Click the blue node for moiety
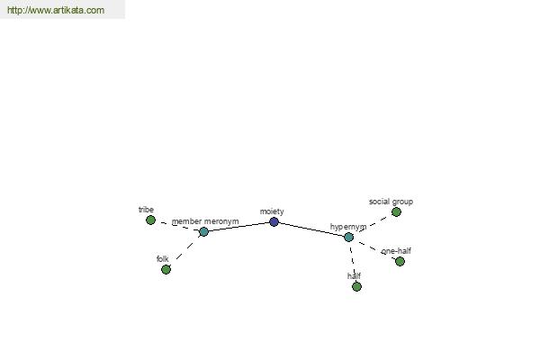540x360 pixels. (x=274, y=222)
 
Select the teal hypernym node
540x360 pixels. (x=349, y=237)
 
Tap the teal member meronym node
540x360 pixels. (x=204, y=231)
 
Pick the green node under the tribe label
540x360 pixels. (x=150, y=220)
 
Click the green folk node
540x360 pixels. (x=166, y=269)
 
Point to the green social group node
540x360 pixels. (x=396, y=211)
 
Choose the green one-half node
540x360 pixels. (x=400, y=262)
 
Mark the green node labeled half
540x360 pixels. (x=356, y=286)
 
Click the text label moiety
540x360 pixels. (x=272, y=211)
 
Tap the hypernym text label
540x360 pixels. (x=348, y=227)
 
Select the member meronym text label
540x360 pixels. (x=205, y=221)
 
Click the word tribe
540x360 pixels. (x=146, y=210)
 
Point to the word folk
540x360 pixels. (x=163, y=258)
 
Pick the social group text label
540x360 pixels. (x=391, y=202)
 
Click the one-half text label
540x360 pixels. (x=396, y=251)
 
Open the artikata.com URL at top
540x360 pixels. (x=56, y=10)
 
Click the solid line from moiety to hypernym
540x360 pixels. (x=311, y=229)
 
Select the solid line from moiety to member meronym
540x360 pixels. (x=239, y=227)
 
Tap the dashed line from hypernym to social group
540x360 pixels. (x=373, y=225)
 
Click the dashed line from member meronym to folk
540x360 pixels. (x=184, y=250)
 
